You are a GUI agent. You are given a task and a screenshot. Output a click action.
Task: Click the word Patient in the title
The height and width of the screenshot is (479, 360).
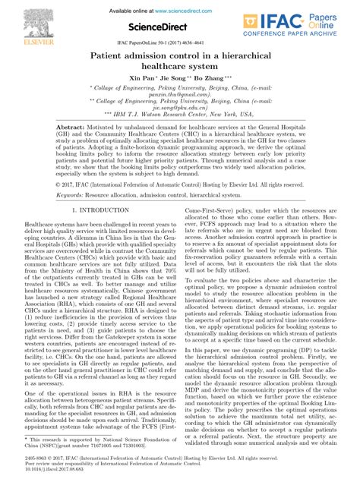tap(113, 56)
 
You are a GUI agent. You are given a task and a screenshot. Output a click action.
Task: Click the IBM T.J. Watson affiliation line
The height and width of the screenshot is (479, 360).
tap(180, 117)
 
